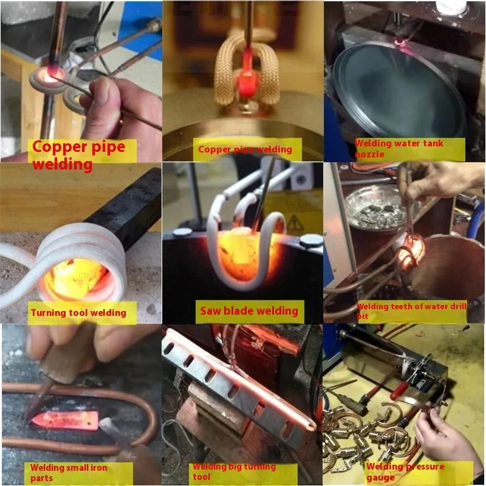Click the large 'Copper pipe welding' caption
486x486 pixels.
(78, 156)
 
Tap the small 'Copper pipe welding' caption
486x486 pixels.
(245, 149)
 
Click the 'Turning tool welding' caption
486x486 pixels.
(78, 313)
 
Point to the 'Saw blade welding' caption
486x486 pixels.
(249, 312)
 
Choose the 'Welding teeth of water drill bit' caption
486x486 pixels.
(411, 311)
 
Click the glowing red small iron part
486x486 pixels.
(64, 419)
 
